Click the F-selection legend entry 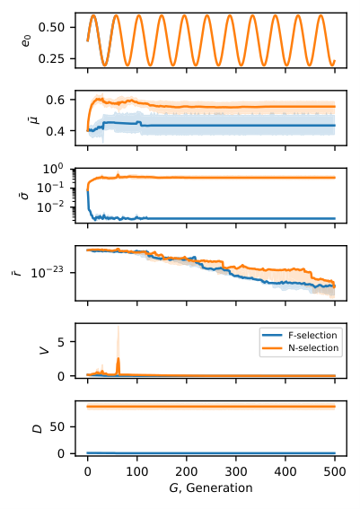pos(300,336)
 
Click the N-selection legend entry pos(300,348)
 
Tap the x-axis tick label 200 pos(187,471)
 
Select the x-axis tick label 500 pos(335,471)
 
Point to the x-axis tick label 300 pos(236,471)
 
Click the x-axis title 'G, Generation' pos(211,487)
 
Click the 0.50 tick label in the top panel pos(51,27)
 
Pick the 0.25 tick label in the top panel pos(51,58)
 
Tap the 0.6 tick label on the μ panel pos(56,100)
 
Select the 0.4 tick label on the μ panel pos(56,131)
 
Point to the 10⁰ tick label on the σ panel pos(54,169)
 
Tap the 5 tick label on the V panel pos(61,342)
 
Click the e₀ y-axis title pos(26,40)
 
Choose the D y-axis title pos(38,428)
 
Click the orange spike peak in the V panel pos(119,357)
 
